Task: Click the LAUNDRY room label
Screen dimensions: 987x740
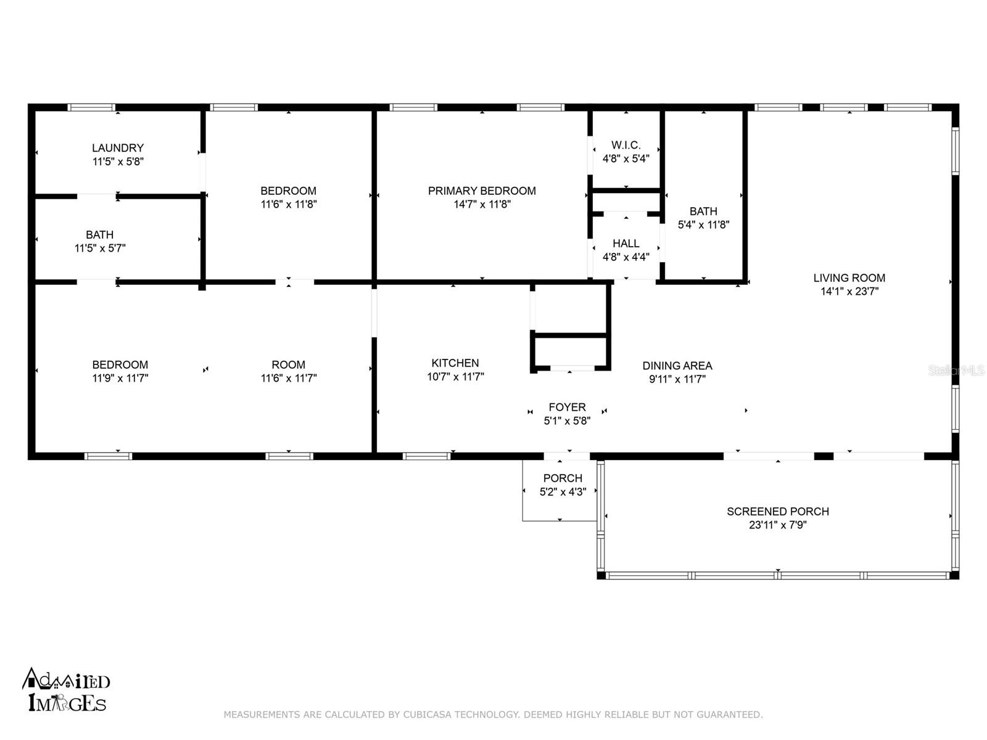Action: pyautogui.click(x=118, y=148)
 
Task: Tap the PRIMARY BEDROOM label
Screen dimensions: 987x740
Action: pyautogui.click(x=482, y=191)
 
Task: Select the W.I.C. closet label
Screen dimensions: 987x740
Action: pyautogui.click(x=626, y=145)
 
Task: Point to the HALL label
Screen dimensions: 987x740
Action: pyautogui.click(x=626, y=244)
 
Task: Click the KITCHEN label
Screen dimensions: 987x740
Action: pyautogui.click(x=455, y=363)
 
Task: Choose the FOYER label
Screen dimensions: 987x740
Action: pyautogui.click(x=567, y=407)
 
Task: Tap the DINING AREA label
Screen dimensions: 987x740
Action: pyautogui.click(x=677, y=366)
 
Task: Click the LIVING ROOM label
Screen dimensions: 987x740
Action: pyautogui.click(x=849, y=278)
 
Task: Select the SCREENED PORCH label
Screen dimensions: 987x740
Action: pyautogui.click(x=778, y=511)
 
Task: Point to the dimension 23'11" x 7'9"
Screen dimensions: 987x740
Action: pyautogui.click(x=778, y=525)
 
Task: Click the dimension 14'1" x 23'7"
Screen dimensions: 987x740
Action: pyautogui.click(x=849, y=291)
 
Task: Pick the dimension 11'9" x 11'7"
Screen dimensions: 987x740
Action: pyautogui.click(x=120, y=378)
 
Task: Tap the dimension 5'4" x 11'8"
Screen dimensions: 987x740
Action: pyautogui.click(x=703, y=224)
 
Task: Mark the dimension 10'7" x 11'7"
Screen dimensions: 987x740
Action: pyautogui.click(x=455, y=377)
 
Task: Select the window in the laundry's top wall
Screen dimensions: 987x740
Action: pyautogui.click(x=91, y=107)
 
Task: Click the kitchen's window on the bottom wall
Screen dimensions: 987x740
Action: pyautogui.click(x=426, y=456)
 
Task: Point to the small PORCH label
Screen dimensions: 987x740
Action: pyautogui.click(x=563, y=478)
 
